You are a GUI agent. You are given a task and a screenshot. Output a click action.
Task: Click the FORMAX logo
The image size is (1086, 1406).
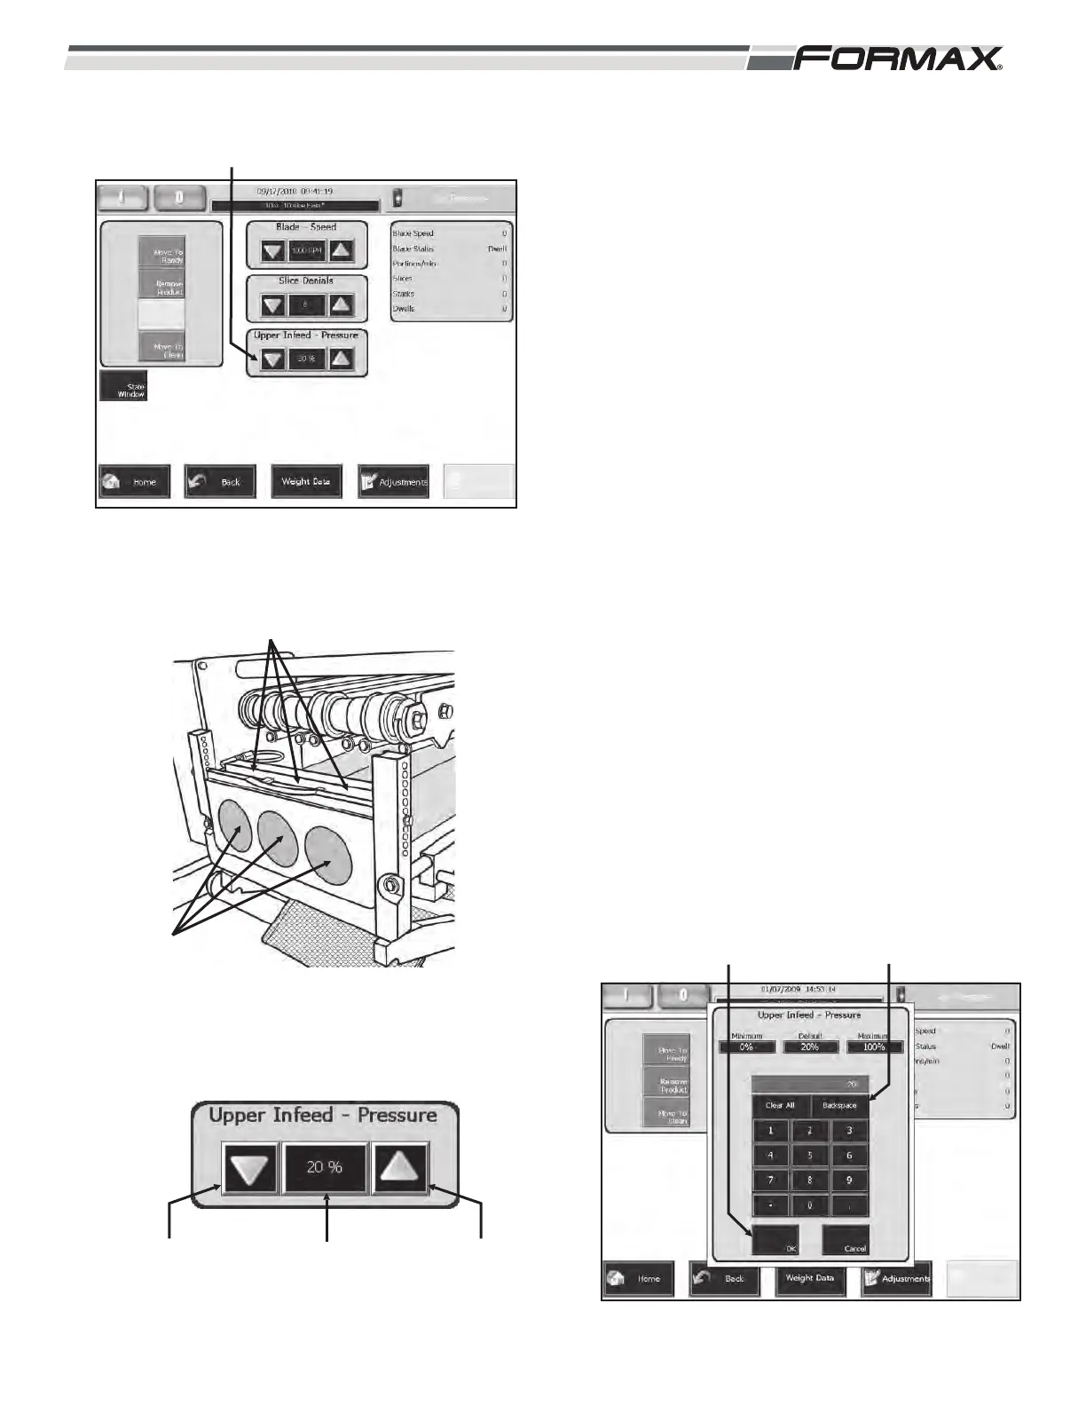898,59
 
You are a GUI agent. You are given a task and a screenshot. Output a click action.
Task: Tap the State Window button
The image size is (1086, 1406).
123,387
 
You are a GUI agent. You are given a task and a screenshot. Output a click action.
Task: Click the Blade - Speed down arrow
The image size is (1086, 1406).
273,251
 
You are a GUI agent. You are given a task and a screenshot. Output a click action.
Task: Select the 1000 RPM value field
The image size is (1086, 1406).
307,251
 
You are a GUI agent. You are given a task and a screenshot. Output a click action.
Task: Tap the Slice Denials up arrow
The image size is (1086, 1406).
342,305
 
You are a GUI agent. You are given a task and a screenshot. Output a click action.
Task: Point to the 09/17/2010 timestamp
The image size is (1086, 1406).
295,191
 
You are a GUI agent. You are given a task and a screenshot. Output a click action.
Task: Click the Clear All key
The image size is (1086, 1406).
780,1105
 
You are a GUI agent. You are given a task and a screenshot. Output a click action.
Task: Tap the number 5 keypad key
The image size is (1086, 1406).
809,1156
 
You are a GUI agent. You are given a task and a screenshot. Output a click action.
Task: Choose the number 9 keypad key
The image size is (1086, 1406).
849,1181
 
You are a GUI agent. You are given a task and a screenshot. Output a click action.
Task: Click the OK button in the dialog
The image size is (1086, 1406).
775,1240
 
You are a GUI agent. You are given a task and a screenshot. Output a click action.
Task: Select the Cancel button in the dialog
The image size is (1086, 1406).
845,1240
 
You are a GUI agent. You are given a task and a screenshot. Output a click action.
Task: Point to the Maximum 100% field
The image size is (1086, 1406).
874,1047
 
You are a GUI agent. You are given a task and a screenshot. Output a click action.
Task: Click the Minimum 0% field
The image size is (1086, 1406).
746,1047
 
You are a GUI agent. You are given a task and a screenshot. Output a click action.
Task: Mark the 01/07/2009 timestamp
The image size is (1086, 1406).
799,989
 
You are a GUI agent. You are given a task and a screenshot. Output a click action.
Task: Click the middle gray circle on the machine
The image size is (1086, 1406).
277,834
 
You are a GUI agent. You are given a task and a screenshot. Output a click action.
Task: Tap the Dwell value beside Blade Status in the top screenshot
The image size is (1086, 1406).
497,249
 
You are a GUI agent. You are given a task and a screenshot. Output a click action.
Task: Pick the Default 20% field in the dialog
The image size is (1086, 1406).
810,1047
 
